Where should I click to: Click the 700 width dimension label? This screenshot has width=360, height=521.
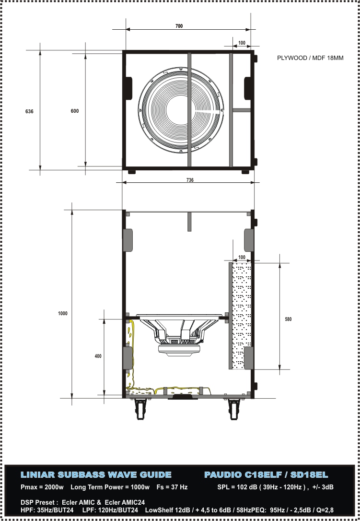tap(179, 26)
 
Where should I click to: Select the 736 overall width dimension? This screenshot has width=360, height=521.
tap(190, 180)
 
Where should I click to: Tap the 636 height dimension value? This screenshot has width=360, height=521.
tap(29, 111)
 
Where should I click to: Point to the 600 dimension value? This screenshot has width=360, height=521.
tap(75, 111)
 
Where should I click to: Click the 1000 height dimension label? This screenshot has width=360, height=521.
tap(62, 313)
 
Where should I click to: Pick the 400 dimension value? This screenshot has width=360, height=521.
tap(98, 356)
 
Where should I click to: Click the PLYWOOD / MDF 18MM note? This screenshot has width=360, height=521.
tap(310, 58)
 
